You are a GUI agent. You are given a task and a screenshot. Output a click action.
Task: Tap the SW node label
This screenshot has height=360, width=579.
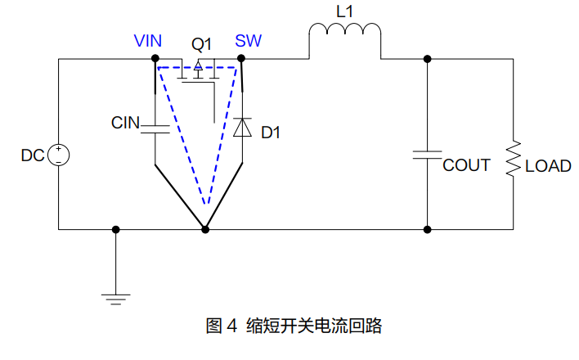248,41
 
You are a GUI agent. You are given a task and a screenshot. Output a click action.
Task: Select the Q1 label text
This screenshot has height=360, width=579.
202,43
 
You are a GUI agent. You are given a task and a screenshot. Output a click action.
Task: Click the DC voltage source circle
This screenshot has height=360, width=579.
59,155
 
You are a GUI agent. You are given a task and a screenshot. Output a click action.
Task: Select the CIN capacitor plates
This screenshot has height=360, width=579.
155,127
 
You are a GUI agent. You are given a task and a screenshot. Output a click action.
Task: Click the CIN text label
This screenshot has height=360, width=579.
125,124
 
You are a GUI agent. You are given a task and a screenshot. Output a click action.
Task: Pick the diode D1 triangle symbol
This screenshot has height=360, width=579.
242,128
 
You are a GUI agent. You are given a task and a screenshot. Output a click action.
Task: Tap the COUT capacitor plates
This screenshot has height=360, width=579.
427,155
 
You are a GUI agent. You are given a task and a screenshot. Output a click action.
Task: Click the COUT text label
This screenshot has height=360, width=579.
466,165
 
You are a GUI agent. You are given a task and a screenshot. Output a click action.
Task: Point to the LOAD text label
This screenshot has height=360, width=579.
548,166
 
